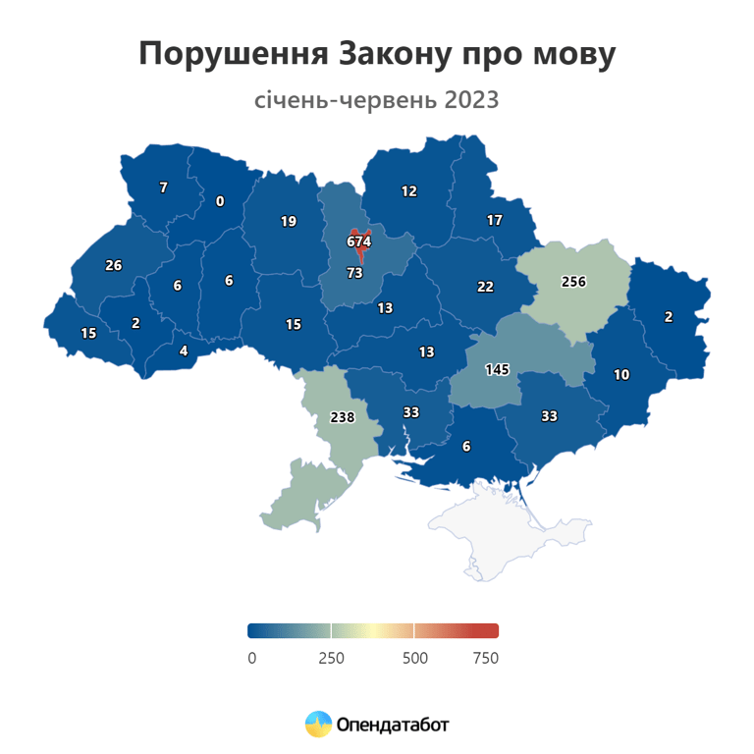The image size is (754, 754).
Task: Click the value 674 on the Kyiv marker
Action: pyautogui.click(x=358, y=241)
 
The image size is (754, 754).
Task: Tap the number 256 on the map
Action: pyautogui.click(x=573, y=282)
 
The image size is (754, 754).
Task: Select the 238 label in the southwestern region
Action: pyautogui.click(x=342, y=417)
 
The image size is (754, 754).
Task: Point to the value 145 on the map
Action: pyautogui.click(x=498, y=370)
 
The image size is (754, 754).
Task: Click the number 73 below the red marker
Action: pyautogui.click(x=355, y=272)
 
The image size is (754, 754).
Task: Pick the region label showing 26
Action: pyautogui.click(x=114, y=265)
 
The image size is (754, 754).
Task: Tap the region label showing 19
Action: pyautogui.click(x=288, y=222)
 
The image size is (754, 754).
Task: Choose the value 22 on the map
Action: pyautogui.click(x=485, y=287)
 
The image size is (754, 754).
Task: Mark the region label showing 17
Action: pyautogui.click(x=495, y=221)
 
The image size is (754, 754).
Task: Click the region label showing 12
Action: pyautogui.click(x=409, y=191)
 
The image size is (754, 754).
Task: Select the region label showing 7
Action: pyautogui.click(x=164, y=187)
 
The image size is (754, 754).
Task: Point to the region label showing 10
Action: pyautogui.click(x=621, y=374)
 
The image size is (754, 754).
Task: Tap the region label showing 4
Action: pyautogui.click(x=183, y=350)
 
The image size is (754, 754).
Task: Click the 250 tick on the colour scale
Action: pyautogui.click(x=332, y=658)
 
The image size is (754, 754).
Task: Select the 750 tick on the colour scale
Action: pyautogui.click(x=486, y=658)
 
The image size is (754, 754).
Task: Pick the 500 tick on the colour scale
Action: pyautogui.click(x=415, y=658)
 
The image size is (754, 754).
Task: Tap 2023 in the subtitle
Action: pyautogui.click(x=470, y=100)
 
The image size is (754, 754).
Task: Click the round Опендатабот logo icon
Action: pyautogui.click(x=318, y=725)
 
